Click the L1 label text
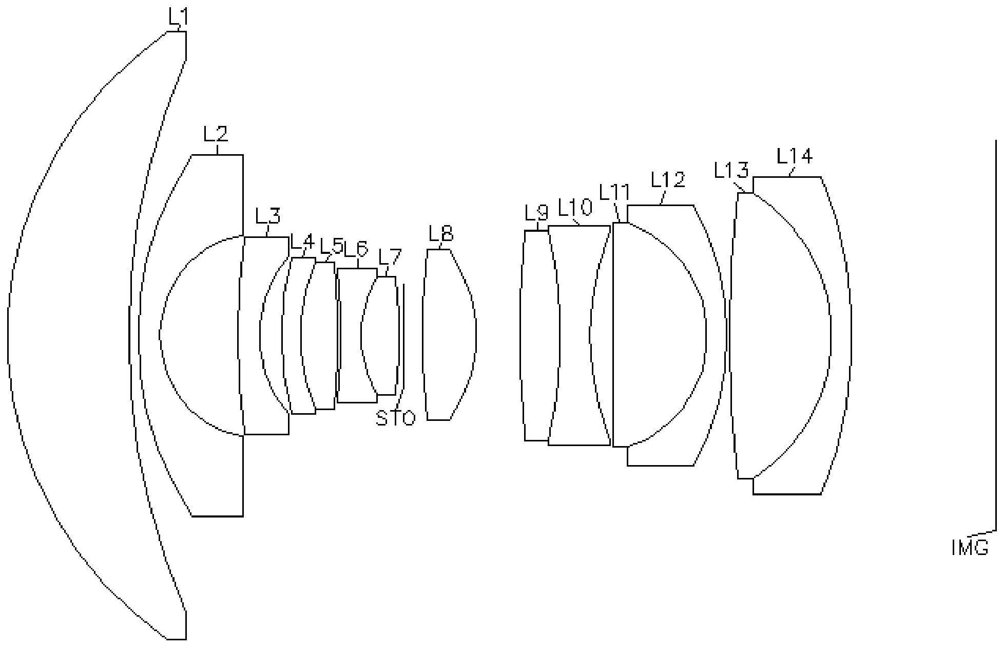click(178, 17)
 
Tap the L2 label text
click(216, 134)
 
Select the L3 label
click(268, 216)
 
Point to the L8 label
click(441, 234)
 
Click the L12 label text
click(668, 180)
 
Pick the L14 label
click(795, 156)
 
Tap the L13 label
click(731, 170)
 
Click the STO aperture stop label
click(395, 418)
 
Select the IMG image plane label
click(970, 548)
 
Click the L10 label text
click(575, 208)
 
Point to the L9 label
click(537, 212)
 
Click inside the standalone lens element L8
click(450, 334)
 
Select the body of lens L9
click(539, 335)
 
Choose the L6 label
click(356, 249)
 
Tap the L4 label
click(302, 241)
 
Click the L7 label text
click(390, 257)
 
